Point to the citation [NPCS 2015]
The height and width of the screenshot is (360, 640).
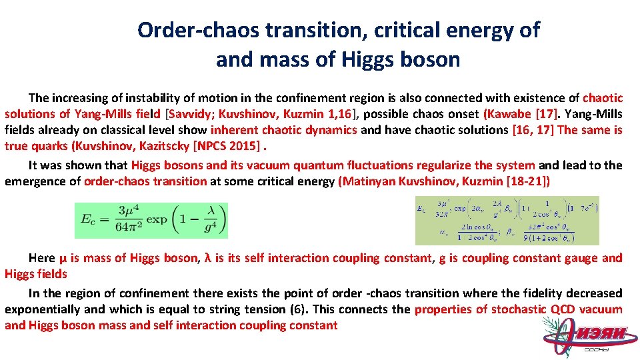229,146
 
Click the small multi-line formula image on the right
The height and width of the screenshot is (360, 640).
507,220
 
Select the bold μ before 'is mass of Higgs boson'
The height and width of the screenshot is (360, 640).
63,258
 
